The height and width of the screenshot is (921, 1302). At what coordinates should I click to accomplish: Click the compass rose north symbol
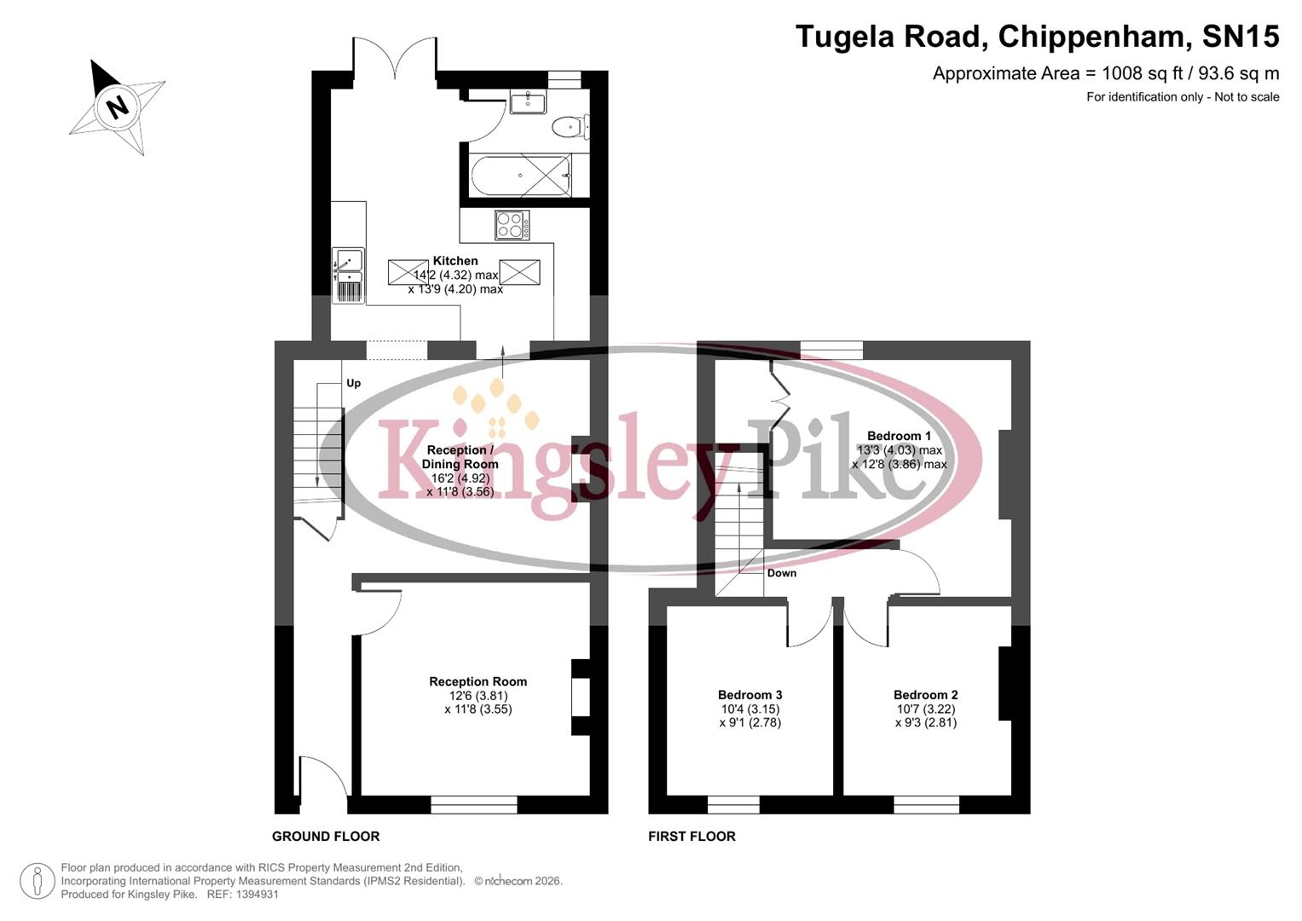pyautogui.click(x=117, y=107)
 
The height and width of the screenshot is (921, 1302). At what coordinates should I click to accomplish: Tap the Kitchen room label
pyautogui.click(x=455, y=261)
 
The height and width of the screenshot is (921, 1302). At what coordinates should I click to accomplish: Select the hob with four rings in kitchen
pyautogui.click(x=512, y=225)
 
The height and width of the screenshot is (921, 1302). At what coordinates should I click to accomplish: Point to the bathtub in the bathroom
pyautogui.click(x=520, y=176)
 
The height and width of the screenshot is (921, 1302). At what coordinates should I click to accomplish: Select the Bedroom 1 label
pyautogui.click(x=899, y=436)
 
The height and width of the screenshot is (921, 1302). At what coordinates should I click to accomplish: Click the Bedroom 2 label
pyautogui.click(x=925, y=695)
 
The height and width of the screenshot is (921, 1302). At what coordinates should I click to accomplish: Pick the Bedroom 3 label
pyautogui.click(x=749, y=695)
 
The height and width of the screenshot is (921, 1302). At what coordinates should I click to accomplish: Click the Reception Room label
pyautogui.click(x=477, y=681)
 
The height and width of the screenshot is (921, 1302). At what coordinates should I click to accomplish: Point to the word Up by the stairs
pyautogui.click(x=353, y=383)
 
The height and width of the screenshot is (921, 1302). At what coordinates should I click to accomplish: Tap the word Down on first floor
pyautogui.click(x=781, y=573)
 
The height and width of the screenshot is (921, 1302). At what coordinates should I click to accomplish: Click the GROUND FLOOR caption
pyautogui.click(x=326, y=837)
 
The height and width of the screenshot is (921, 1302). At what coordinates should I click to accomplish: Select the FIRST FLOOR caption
pyautogui.click(x=692, y=837)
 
